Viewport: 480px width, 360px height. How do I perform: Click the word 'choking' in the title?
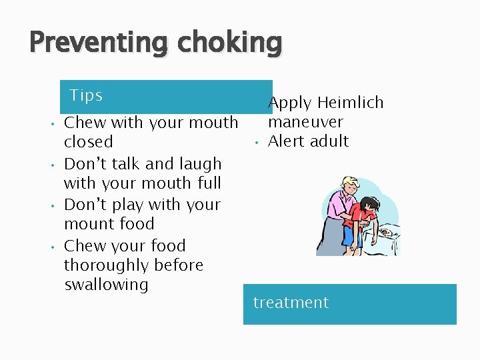(229, 43)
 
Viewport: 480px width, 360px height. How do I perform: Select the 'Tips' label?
(86, 95)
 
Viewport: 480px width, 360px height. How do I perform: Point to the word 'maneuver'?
(305, 122)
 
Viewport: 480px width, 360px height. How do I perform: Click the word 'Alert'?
(288, 141)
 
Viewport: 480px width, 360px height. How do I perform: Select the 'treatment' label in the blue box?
(291, 303)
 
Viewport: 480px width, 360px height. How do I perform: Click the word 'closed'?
(88, 142)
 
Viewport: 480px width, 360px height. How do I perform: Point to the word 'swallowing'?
(106, 285)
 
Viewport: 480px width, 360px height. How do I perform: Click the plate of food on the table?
(385, 232)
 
